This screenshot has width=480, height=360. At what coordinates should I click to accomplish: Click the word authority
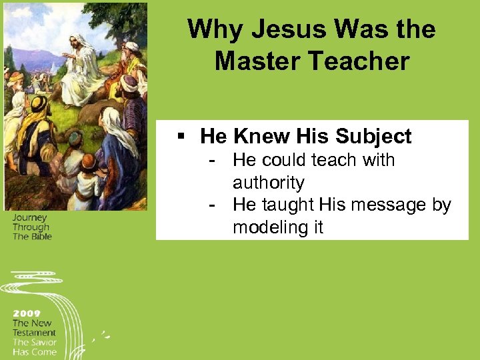click(268, 183)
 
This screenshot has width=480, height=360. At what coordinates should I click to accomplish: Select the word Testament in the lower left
click(34, 333)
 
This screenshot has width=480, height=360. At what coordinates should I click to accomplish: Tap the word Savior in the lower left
click(43, 342)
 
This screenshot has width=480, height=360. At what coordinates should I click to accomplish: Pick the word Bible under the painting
click(41, 237)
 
